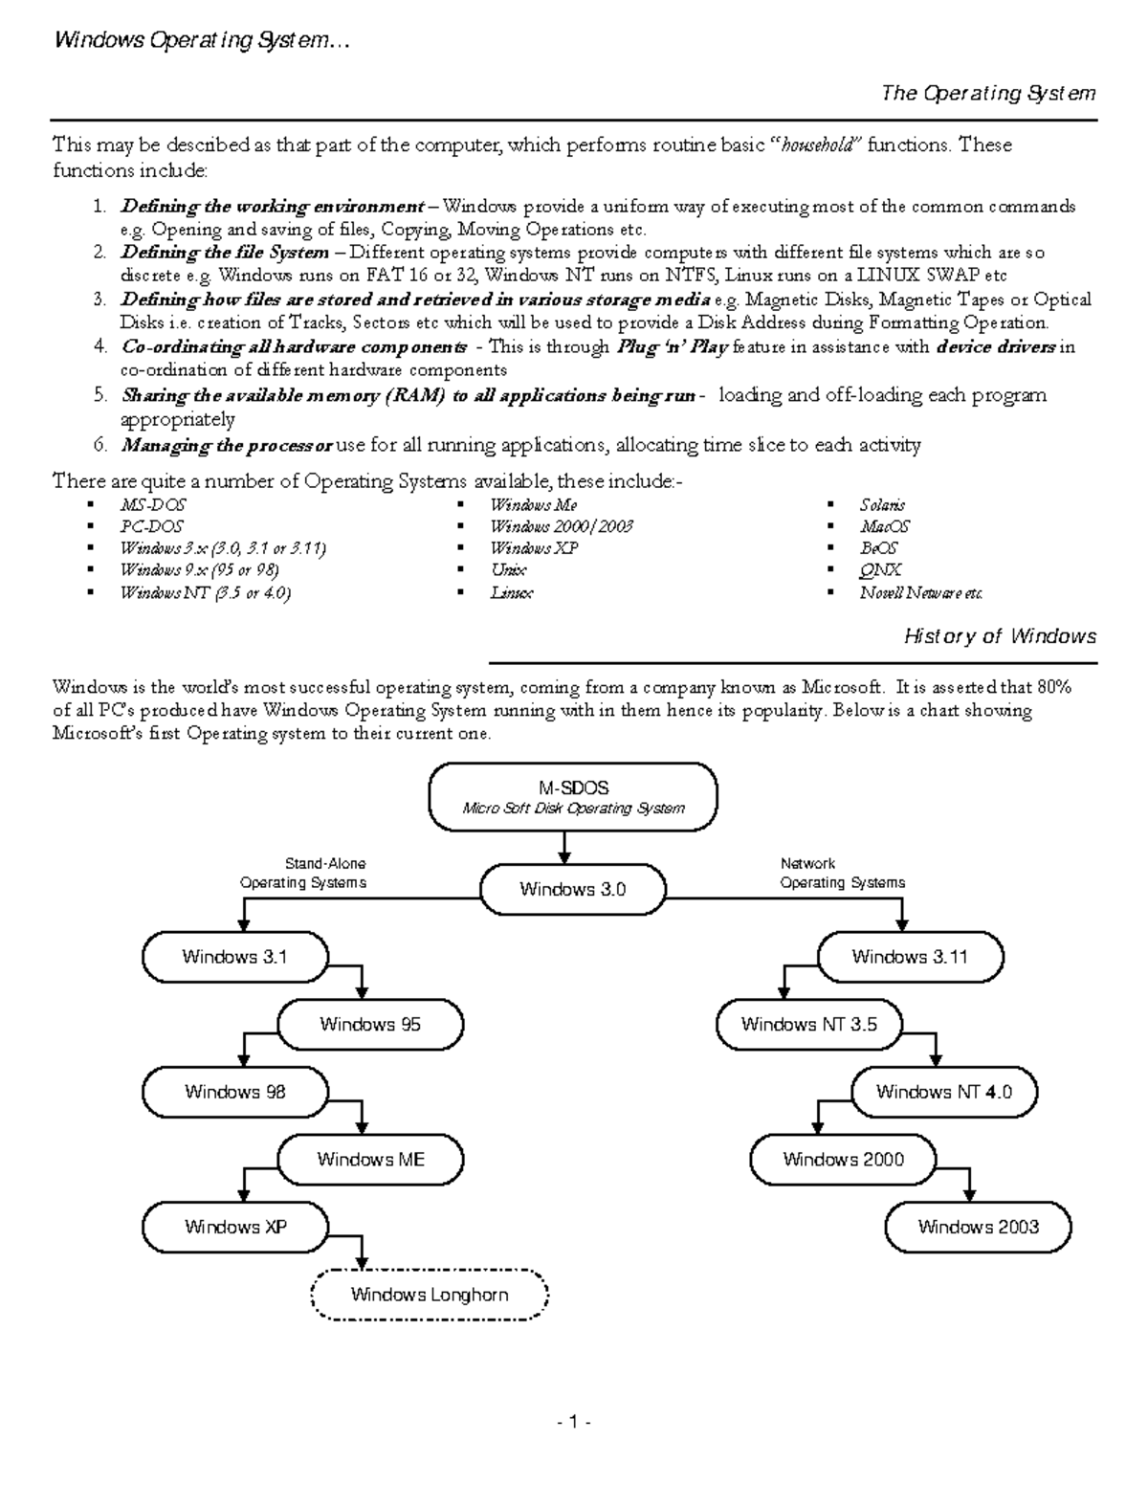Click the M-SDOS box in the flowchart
click(573, 797)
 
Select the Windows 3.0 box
click(572, 889)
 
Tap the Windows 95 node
click(370, 1025)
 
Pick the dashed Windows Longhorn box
click(430, 1295)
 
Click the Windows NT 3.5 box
click(808, 1025)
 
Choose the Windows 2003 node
click(978, 1227)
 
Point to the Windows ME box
click(370, 1160)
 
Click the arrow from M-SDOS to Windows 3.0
click(565, 847)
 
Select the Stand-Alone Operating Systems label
click(303, 873)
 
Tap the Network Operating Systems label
click(842, 873)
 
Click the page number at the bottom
click(574, 1422)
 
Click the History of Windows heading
click(1000, 636)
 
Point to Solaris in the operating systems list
click(882, 504)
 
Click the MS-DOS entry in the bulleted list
click(153, 504)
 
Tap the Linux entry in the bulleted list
click(512, 593)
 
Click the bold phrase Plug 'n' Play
click(673, 347)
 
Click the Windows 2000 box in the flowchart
click(843, 1160)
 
